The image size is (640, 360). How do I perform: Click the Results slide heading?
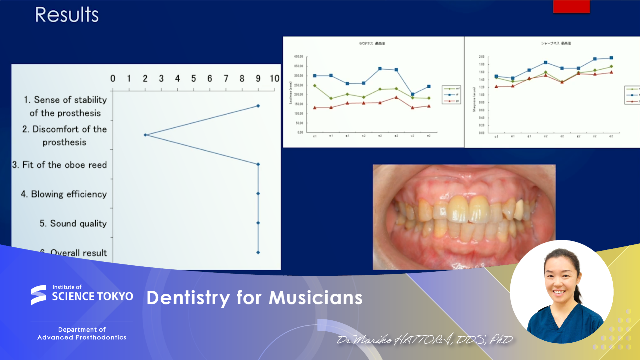coord(67,15)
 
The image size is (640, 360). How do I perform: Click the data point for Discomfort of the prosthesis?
coord(145,135)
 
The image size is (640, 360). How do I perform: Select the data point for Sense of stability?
coord(258,106)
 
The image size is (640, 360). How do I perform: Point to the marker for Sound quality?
coord(258,223)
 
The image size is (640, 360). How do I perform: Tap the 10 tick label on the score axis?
coord(275,79)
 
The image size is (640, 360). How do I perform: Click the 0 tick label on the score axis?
coord(113,79)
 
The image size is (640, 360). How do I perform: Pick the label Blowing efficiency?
coord(64,194)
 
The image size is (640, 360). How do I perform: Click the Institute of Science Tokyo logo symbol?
coord(39,295)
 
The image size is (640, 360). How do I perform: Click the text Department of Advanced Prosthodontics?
coord(82,333)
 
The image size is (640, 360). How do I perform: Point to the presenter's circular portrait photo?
coord(562,291)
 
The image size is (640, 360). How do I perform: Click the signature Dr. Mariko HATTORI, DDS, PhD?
coord(424,340)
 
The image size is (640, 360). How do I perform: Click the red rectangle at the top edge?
coord(571,7)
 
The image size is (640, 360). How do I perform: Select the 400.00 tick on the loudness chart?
coord(299,57)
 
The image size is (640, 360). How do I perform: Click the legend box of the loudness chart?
coord(451,95)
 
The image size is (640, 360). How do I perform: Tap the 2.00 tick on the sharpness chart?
coord(481,57)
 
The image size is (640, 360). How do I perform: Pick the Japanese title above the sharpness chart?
coord(556,43)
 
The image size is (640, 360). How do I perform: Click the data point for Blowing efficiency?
coord(258,193)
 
